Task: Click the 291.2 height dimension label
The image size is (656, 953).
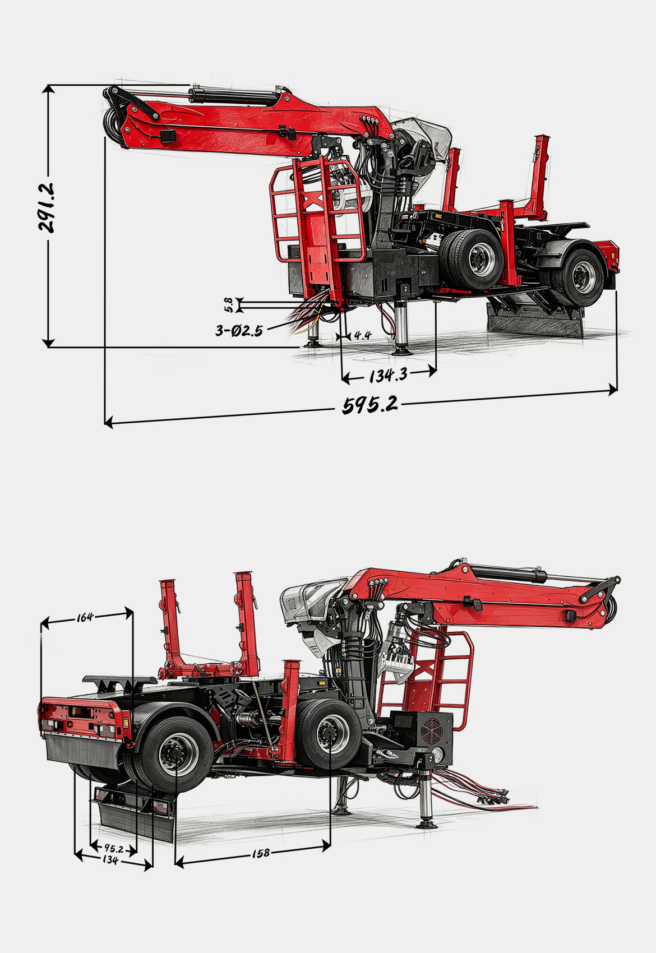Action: point(47,207)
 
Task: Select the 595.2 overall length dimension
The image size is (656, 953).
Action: point(370,404)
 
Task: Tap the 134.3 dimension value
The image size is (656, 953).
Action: point(388,375)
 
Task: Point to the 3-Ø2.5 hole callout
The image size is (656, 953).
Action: point(239,330)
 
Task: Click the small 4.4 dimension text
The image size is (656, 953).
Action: point(362,336)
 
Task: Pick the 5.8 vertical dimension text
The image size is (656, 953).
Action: point(229,304)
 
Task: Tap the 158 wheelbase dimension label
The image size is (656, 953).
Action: point(261,853)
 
